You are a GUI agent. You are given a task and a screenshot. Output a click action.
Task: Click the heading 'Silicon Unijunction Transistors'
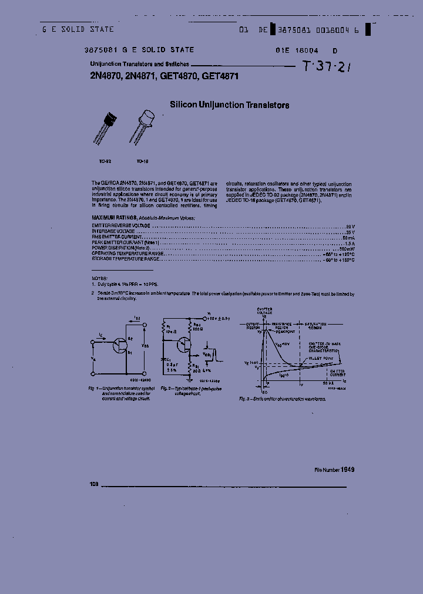[229, 105]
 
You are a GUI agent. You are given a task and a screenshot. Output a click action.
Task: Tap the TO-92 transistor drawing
[106, 126]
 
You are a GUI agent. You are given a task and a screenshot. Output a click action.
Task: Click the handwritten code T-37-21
[327, 66]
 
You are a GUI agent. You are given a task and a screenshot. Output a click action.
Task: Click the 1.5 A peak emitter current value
[349, 242]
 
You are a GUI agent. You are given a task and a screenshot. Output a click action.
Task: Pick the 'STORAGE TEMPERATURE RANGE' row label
[126, 259]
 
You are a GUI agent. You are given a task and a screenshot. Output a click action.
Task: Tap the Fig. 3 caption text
[282, 399]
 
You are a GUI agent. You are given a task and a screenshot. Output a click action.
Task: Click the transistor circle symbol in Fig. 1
[122, 345]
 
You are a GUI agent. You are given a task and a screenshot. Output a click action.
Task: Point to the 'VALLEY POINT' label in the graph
[321, 357]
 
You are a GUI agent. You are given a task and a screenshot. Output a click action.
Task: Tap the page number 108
[94, 484]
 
